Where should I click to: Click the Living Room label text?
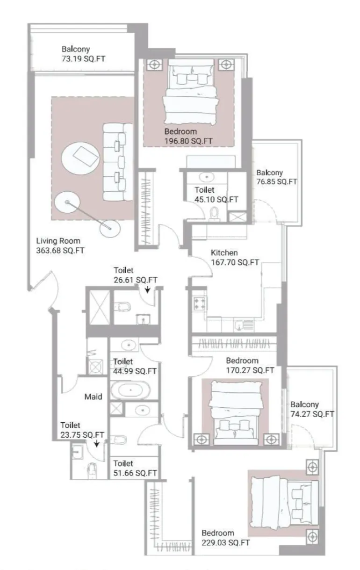coord(58,241)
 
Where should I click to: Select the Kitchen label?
coord(221,253)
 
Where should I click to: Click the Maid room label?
coord(94,397)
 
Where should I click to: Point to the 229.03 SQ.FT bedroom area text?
coord(225,543)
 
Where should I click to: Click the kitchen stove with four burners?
coord(200,303)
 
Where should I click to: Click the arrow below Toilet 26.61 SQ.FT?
coord(148,290)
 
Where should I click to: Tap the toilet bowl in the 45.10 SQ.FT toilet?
coord(215,213)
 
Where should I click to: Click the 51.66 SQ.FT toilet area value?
coord(135,473)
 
